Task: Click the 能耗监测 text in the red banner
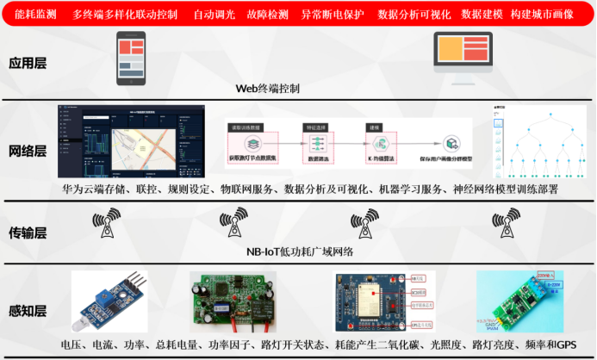click(x=34, y=16)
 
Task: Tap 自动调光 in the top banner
click(x=212, y=16)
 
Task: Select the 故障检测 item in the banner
click(x=265, y=16)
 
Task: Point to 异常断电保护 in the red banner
click(x=332, y=16)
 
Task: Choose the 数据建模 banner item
click(x=481, y=16)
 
